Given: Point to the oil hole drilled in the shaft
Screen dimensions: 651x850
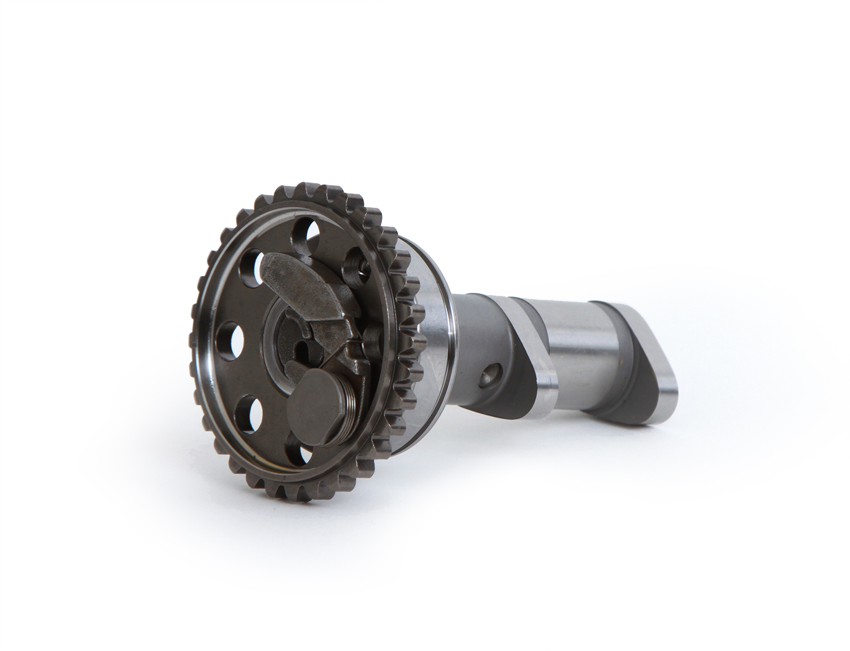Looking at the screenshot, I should (487, 376).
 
